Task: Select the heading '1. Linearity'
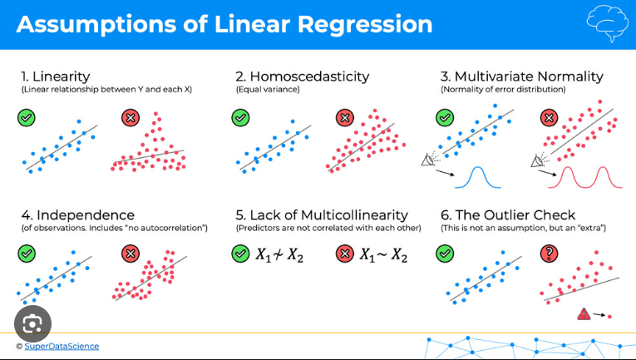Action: pos(56,76)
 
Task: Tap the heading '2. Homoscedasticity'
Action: pos(302,76)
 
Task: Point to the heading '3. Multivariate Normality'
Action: pos(521,76)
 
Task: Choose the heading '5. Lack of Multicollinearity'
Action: pos(322,215)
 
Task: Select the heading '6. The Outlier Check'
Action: pos(507,215)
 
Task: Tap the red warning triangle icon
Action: pos(584,315)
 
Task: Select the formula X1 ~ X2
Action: pos(383,254)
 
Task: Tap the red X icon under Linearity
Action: pos(130,117)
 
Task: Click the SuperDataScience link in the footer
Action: pos(62,346)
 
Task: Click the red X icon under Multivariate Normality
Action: pos(548,117)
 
